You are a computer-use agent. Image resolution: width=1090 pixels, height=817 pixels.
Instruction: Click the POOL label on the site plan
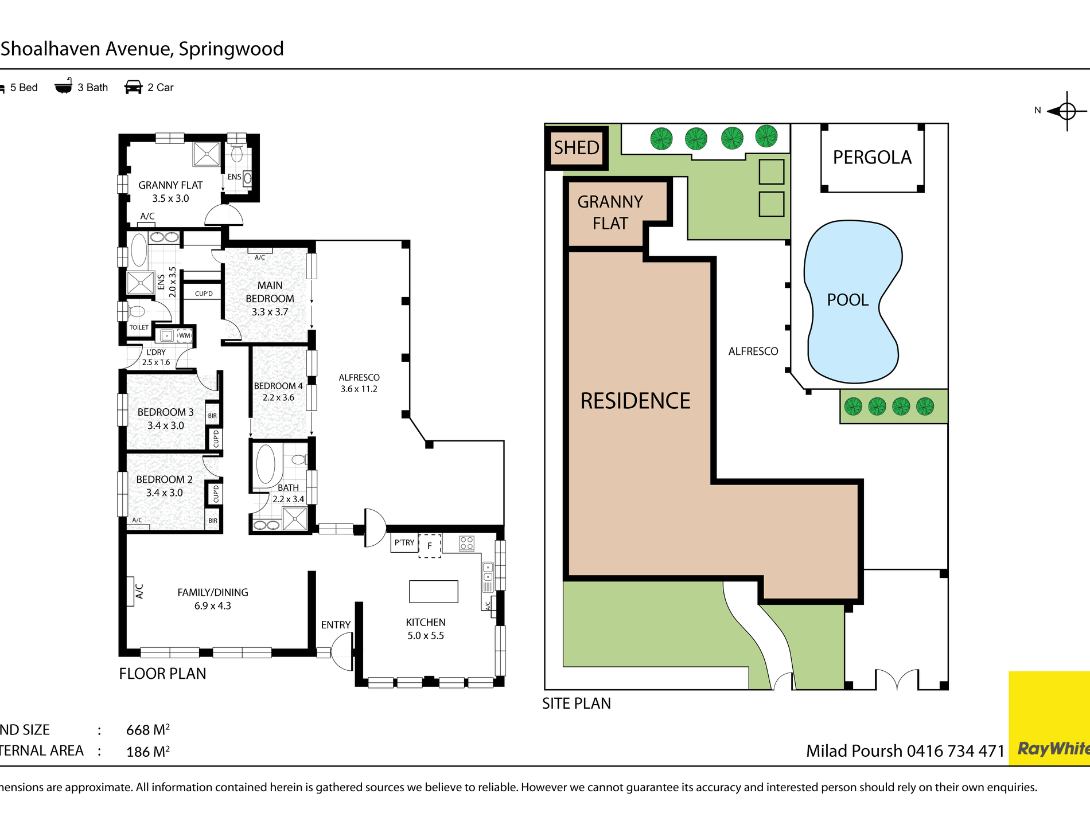click(847, 300)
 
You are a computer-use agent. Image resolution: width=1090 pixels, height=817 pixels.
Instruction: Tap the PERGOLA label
click(872, 157)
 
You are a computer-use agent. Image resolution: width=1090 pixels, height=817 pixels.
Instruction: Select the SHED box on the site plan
click(577, 148)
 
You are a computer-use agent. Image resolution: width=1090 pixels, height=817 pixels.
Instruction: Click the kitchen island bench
click(434, 591)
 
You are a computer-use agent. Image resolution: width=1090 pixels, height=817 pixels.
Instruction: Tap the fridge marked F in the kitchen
click(430, 545)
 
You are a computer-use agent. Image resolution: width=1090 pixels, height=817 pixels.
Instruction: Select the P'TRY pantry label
click(404, 542)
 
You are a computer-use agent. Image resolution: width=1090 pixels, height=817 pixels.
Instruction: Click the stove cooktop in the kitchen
click(467, 543)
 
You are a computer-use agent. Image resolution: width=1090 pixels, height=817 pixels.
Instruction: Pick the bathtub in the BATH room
click(266, 464)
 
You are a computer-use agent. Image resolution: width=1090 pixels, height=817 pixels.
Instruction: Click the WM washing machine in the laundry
click(184, 335)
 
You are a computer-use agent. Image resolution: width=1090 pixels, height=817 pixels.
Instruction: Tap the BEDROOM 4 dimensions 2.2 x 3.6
click(278, 397)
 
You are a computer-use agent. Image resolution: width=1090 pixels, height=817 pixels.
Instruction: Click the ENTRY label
click(336, 625)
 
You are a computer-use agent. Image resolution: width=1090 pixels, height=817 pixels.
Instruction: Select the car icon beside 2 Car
click(133, 87)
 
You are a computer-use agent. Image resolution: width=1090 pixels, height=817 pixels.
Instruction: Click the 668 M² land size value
click(148, 730)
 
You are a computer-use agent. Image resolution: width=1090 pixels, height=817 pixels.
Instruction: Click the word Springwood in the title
click(231, 49)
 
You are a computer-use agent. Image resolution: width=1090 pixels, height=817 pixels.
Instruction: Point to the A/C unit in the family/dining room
click(130, 591)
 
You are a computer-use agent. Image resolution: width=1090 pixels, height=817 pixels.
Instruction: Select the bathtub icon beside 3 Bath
click(63, 86)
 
